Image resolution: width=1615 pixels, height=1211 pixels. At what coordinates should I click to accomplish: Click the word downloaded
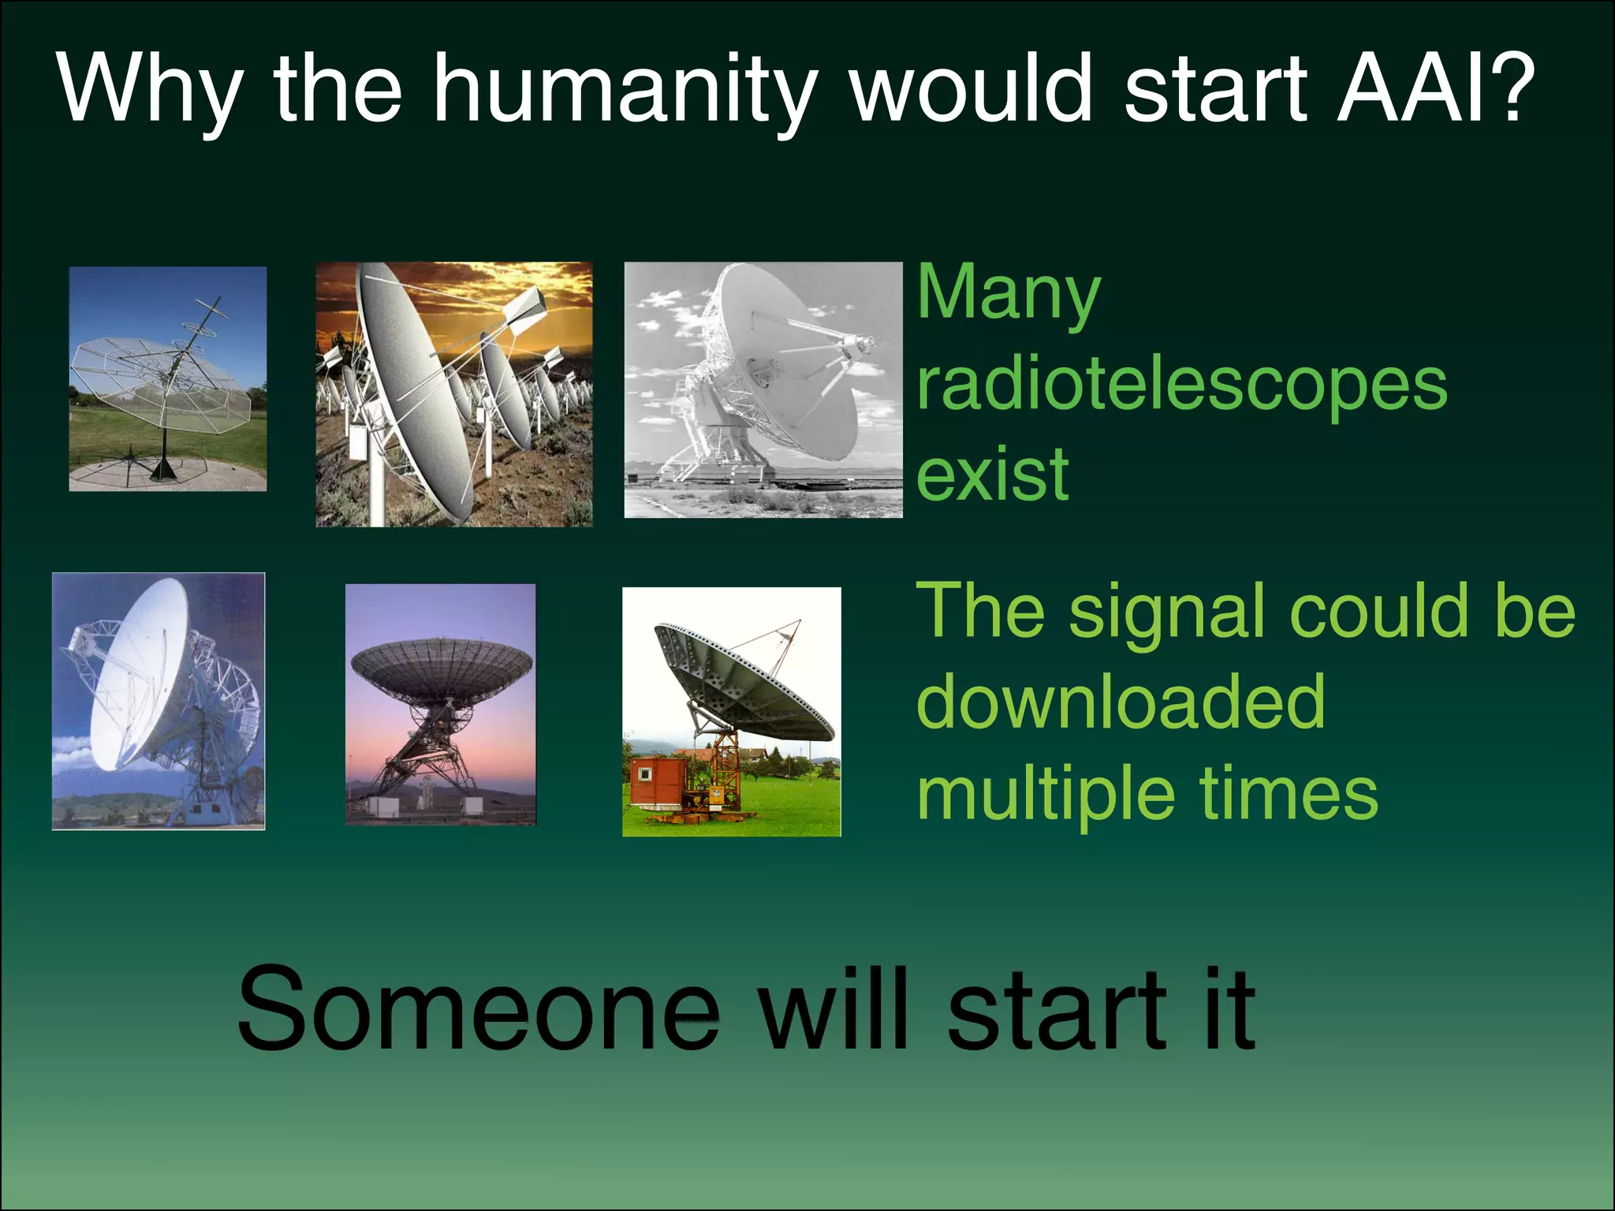[1120, 702]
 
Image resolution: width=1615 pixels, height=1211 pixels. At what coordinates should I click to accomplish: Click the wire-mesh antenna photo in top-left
[167, 378]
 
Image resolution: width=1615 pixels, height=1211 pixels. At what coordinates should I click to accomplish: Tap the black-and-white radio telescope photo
[763, 389]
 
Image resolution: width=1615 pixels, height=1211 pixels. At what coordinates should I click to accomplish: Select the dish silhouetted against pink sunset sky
[440, 704]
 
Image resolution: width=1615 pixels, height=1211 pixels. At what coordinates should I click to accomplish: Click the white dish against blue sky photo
[158, 701]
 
